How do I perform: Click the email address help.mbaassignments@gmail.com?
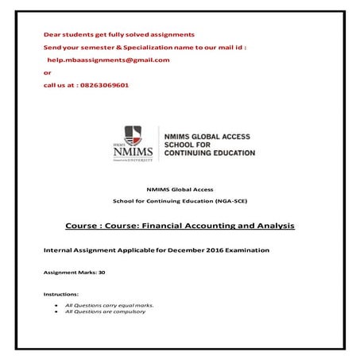coord(108,60)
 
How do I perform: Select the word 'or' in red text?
coord(47,72)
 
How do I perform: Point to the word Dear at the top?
coord(52,35)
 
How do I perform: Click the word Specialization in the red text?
coord(155,48)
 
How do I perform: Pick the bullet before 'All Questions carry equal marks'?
coord(55,304)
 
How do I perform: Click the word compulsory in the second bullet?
coord(129,312)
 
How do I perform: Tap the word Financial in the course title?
coord(165,226)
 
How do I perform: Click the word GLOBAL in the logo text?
coord(209,131)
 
